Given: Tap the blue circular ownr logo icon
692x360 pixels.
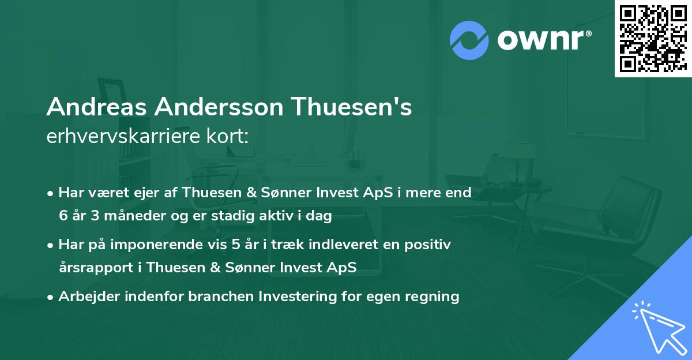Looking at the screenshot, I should tap(469, 40).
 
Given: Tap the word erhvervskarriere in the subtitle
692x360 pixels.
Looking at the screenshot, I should tap(123, 137).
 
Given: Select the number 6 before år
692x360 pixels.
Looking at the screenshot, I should tap(62, 216).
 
